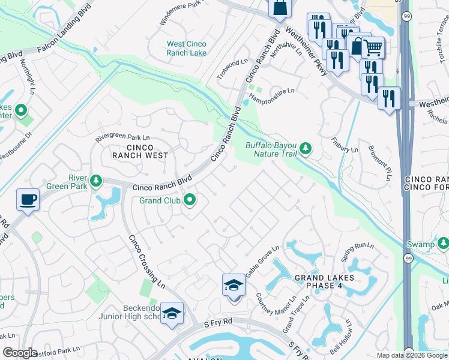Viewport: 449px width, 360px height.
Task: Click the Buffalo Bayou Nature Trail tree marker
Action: pyautogui.click(x=306, y=148)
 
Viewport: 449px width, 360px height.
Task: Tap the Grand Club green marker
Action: pyautogui.click(x=190, y=200)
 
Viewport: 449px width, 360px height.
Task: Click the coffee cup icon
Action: pyautogui.click(x=28, y=199)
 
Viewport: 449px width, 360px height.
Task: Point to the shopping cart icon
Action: pyautogui.click(x=373, y=47)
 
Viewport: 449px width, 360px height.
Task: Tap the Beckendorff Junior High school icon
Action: pyautogui.click(x=172, y=313)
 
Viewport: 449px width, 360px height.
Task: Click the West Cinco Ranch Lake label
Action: pyautogui.click(x=187, y=49)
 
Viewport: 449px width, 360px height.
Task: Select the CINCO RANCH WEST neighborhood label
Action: pyautogui.click(x=140, y=151)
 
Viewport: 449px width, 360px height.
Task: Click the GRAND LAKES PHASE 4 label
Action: pyautogui.click(x=324, y=281)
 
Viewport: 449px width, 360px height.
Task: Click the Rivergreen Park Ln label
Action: pyautogui.click(x=122, y=138)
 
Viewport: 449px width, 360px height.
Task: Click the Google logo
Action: pyautogui.click(x=20, y=353)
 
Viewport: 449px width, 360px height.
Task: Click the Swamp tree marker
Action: pyautogui.click(x=443, y=243)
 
